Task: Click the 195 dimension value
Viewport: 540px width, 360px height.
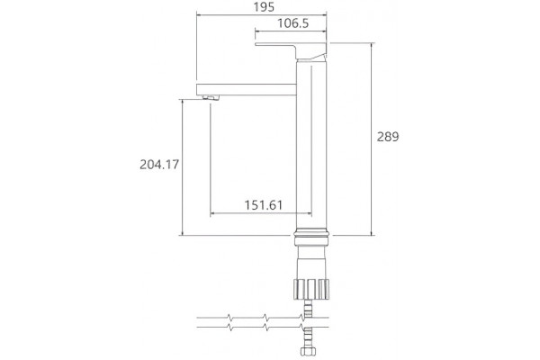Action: point(264,7)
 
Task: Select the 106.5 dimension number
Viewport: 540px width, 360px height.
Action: point(293,23)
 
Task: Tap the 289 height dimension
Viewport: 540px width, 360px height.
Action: point(388,137)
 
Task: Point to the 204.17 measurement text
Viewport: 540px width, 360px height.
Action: point(159,165)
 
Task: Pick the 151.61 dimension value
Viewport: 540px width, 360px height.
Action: point(264,205)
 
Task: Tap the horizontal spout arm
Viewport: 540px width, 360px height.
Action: point(247,89)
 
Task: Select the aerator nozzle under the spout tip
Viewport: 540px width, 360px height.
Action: point(211,98)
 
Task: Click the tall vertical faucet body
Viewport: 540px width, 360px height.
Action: point(311,145)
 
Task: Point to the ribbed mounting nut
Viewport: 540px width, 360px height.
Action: point(311,289)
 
